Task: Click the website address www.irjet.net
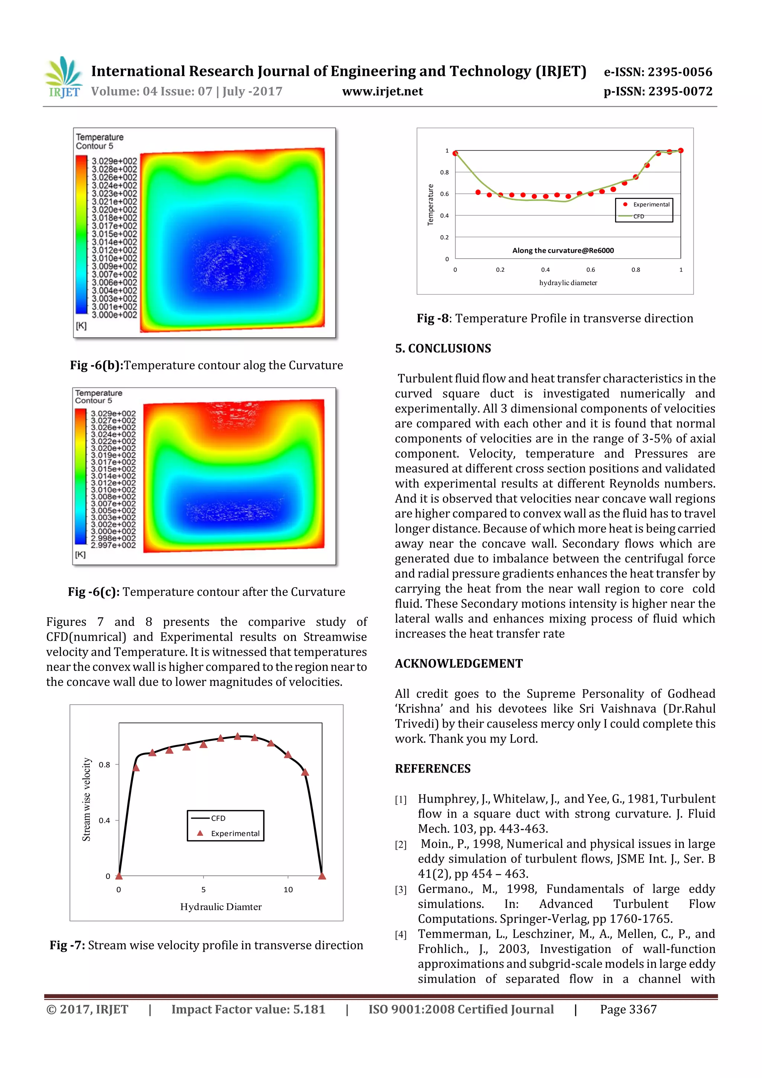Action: (382, 92)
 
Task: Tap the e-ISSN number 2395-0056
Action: (679, 72)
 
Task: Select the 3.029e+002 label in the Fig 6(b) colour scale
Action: (114, 161)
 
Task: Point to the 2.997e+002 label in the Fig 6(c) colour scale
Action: (113, 545)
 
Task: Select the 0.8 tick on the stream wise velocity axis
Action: (104, 765)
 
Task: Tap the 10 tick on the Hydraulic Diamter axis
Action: (288, 890)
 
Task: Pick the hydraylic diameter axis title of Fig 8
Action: (568, 283)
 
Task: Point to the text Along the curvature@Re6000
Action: (563, 251)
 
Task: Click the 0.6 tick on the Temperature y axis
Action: (444, 194)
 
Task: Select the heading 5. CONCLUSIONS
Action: (443, 348)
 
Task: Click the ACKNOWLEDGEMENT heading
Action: (458, 663)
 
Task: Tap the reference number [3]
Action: (400, 890)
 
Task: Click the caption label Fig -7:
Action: (67, 945)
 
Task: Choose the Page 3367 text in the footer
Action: (628, 1010)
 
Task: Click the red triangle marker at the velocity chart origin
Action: (119, 876)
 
